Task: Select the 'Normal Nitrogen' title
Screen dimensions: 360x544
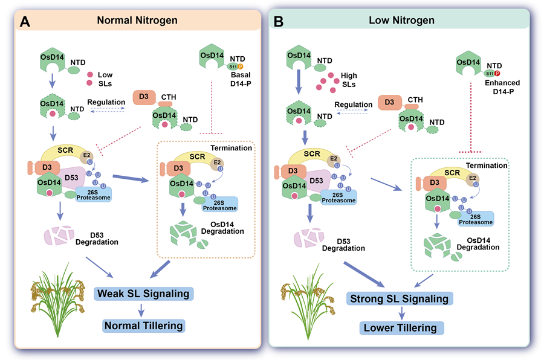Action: click(x=138, y=21)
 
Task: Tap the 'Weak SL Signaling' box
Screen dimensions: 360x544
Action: click(x=143, y=294)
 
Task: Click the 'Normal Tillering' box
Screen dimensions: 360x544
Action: click(x=143, y=325)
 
